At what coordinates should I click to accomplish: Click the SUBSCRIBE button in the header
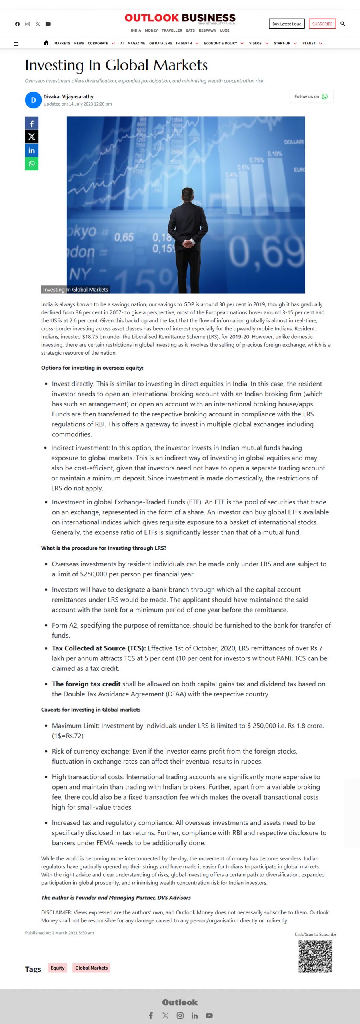coord(322,24)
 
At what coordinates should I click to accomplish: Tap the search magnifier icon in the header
coord(343,24)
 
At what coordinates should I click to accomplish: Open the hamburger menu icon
coord(16,44)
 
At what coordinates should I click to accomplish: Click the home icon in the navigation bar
coord(46,43)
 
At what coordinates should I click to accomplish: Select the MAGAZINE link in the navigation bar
coord(136,43)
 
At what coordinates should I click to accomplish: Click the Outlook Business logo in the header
coord(180,18)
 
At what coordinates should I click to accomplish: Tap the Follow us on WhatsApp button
coord(311,96)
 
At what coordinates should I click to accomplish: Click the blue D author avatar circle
coord(33,100)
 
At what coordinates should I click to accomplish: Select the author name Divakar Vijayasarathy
coord(68,96)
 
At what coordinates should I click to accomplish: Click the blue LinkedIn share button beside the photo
coord(32,150)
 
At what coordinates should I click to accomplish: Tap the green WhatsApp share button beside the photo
coord(32,164)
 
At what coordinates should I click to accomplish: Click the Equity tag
coord(58,968)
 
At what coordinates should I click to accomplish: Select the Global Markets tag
coord(91,968)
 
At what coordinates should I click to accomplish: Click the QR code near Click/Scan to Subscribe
coord(315,956)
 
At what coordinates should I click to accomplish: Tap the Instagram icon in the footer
coord(180,1015)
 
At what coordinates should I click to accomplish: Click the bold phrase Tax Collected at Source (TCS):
coord(99,648)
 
